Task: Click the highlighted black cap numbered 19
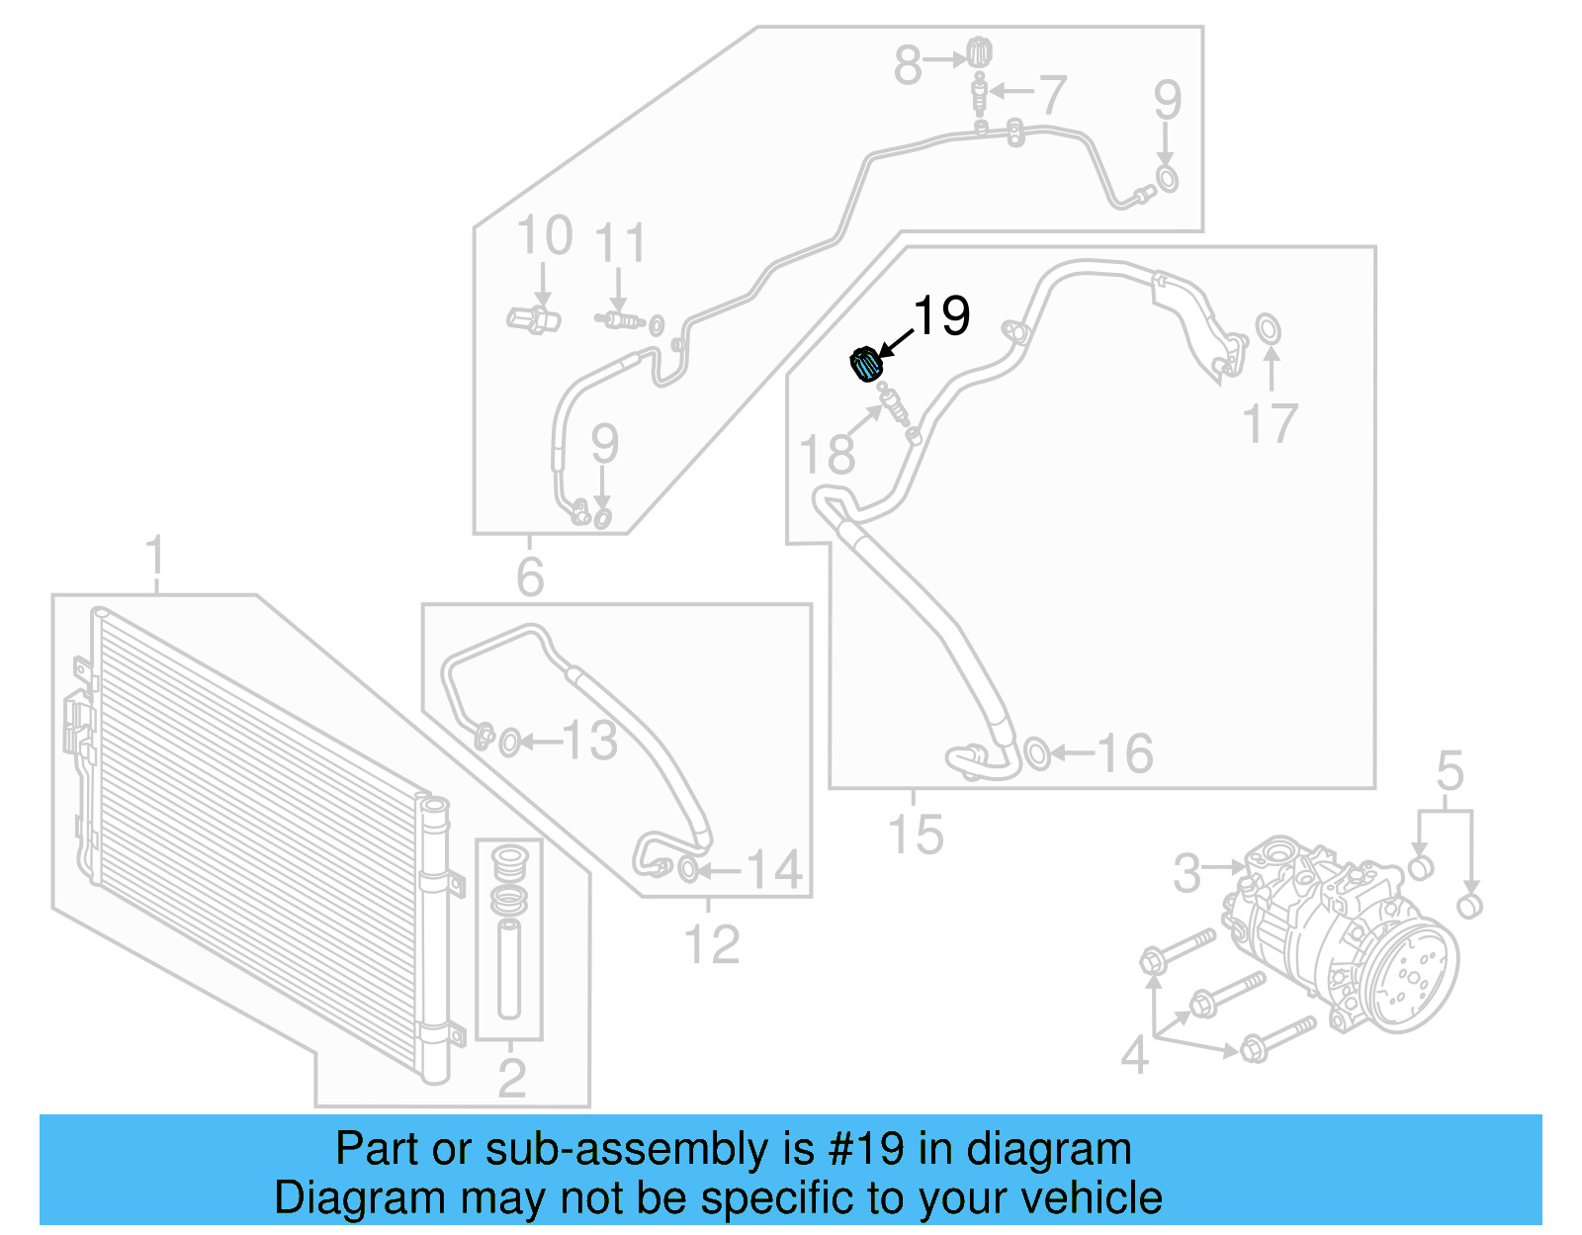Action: [x=866, y=363]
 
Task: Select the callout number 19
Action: [x=941, y=316]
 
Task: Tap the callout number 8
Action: [x=908, y=65]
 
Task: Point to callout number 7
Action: [x=1052, y=95]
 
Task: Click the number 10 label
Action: [x=544, y=236]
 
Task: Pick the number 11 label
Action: [x=620, y=243]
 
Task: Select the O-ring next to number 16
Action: [x=1036, y=753]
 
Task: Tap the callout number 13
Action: [x=590, y=742]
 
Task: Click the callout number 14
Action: [x=773, y=870]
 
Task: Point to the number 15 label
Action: [x=916, y=834]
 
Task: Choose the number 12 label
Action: [x=712, y=944]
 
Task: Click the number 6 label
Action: [x=530, y=576]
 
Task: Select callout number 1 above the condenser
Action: [x=155, y=558]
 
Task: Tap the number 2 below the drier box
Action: [x=511, y=1078]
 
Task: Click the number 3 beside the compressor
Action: [x=1186, y=873]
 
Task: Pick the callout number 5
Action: [x=1450, y=770]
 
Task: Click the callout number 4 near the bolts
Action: [x=1135, y=1055]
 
